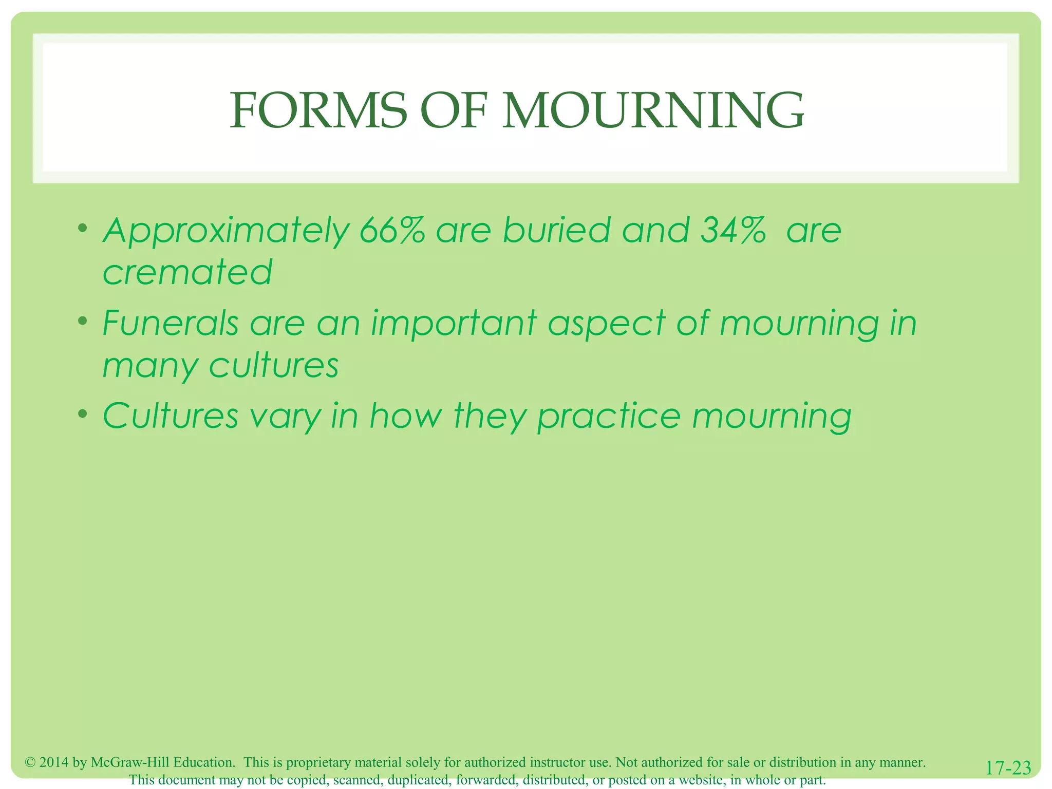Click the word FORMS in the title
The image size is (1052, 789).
coord(317,110)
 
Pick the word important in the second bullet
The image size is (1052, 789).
coord(454,324)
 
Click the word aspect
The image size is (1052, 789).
coord(606,325)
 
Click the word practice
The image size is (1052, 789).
coord(609,417)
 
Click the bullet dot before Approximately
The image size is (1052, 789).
coord(83,228)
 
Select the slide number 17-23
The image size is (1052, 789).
coord(1008,768)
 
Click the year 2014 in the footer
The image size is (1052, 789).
coord(54,762)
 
